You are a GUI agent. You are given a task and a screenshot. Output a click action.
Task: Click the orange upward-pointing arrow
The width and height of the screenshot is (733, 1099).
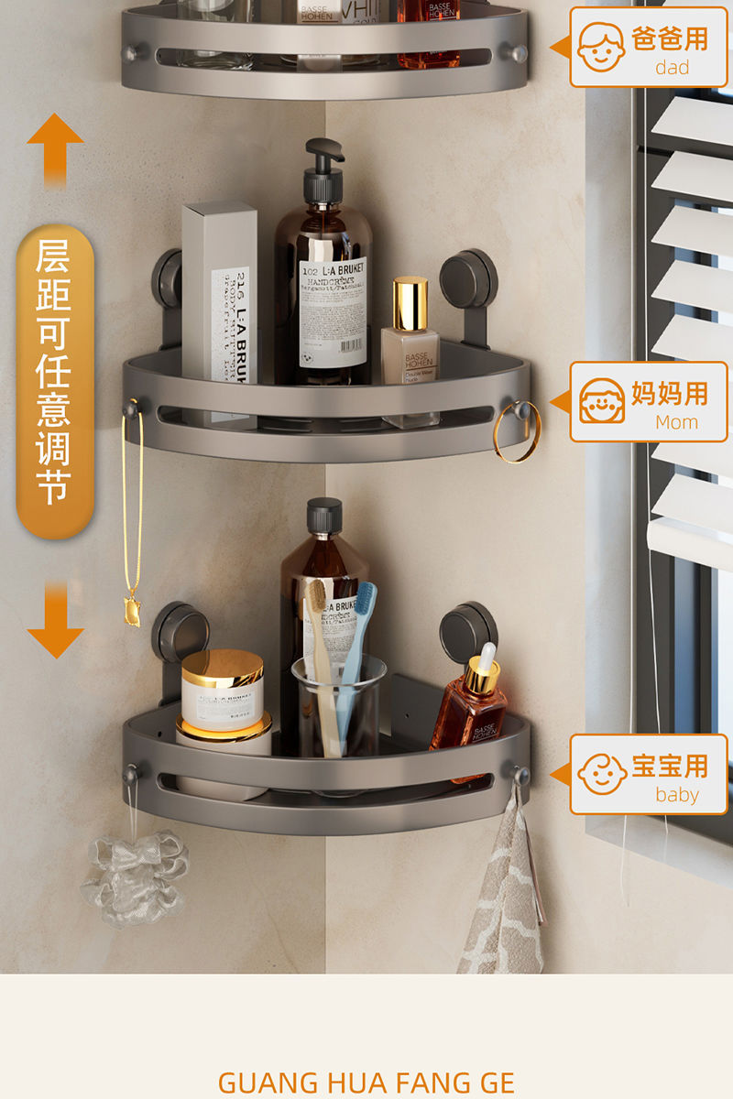[55, 147]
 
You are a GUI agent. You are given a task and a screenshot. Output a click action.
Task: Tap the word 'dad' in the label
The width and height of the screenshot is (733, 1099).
[672, 67]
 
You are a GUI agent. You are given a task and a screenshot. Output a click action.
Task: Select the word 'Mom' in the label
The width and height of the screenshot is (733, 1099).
[676, 422]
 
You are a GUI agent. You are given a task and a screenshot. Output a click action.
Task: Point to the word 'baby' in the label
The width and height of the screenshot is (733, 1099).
[677, 795]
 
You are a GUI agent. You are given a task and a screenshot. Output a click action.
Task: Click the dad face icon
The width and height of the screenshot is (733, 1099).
[602, 47]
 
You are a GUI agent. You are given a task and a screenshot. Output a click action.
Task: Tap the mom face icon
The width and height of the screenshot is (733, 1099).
[602, 401]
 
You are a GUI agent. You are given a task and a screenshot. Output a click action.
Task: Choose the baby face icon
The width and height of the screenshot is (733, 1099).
[602, 774]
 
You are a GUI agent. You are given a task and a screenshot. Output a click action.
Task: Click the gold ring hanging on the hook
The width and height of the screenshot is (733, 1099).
[517, 431]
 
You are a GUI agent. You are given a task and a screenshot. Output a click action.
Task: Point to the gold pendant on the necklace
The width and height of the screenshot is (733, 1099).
[132, 610]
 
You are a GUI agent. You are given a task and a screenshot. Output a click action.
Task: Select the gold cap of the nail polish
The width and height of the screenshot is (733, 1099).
[410, 303]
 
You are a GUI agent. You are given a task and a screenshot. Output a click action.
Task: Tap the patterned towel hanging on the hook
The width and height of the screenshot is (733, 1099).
[504, 898]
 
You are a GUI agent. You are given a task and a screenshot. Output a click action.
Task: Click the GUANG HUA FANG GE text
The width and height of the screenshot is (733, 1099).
[366, 1083]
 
